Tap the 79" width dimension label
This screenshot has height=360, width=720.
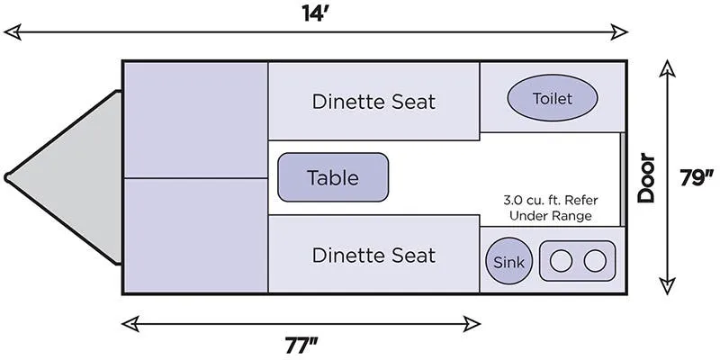[x=697, y=178]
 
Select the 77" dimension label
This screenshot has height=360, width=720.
[x=301, y=346]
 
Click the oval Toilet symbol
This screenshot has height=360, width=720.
[x=553, y=98]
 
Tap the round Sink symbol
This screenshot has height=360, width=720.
[x=508, y=261]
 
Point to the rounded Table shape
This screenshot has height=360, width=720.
[x=333, y=177]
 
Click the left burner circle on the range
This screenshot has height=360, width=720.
[x=561, y=261]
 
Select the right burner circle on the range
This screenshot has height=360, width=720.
[x=595, y=261]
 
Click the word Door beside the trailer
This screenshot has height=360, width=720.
[x=646, y=178]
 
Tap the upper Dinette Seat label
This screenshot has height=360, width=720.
[x=373, y=102]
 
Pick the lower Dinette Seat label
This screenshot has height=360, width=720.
[x=373, y=255]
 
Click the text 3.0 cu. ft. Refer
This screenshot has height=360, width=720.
[x=551, y=201]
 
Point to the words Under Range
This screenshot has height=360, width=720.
[x=551, y=216]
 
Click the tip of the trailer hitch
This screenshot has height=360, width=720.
[x=7, y=176]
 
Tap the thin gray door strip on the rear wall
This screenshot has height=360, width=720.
[x=623, y=179]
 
